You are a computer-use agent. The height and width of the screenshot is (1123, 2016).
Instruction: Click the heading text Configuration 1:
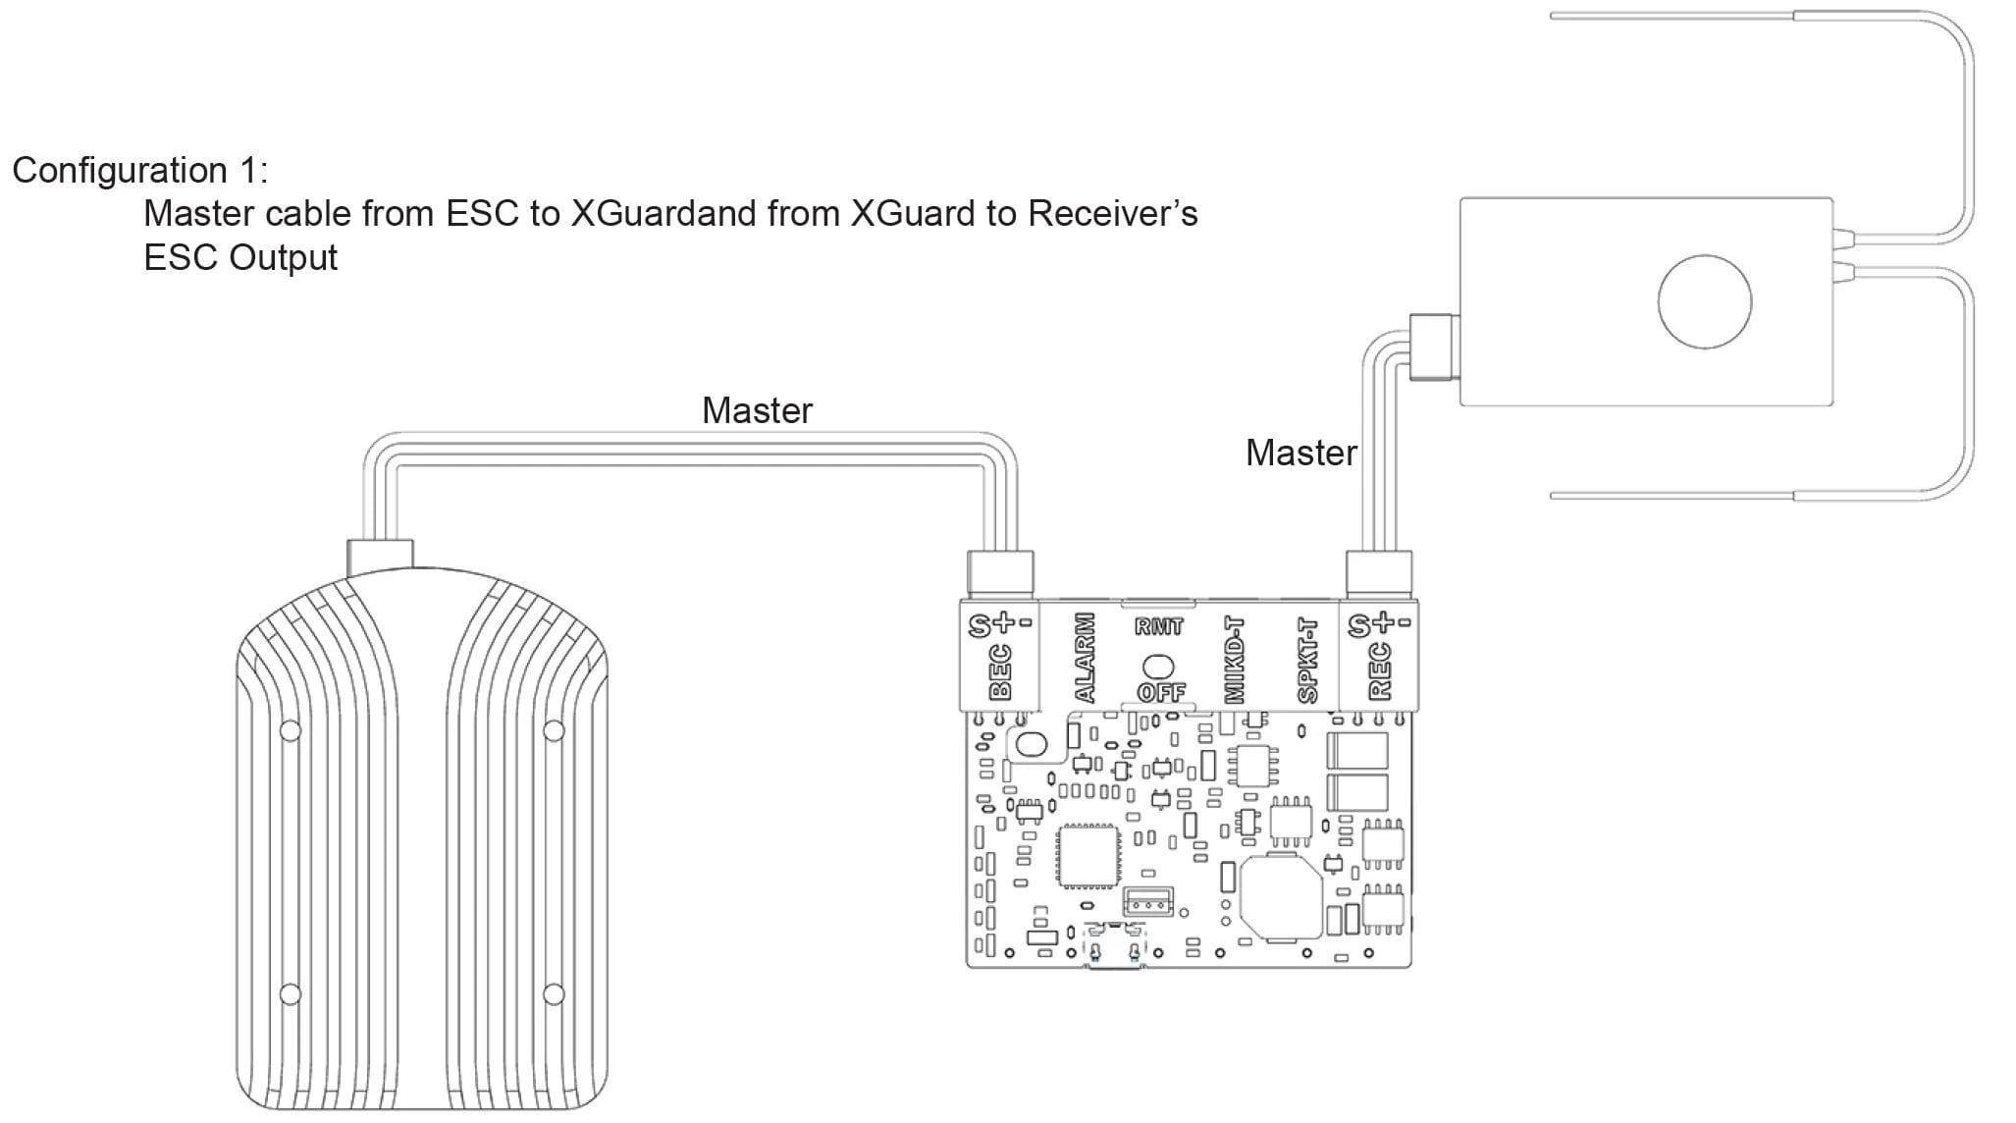[139, 171]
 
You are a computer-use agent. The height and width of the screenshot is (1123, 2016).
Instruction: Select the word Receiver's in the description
[1113, 214]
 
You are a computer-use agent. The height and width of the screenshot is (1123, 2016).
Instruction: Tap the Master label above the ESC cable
[757, 410]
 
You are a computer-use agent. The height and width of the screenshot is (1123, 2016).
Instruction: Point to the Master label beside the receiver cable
[1300, 453]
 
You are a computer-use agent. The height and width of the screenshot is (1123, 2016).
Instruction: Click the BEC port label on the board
[1000, 672]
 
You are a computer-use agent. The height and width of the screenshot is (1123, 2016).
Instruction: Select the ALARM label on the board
[1085, 658]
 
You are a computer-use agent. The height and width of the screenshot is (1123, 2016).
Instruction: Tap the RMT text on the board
[1159, 626]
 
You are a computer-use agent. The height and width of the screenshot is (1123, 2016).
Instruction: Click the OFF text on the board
[1161, 693]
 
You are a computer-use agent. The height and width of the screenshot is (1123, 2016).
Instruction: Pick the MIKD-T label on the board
[1235, 660]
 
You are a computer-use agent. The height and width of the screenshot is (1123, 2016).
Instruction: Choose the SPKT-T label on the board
[1307, 660]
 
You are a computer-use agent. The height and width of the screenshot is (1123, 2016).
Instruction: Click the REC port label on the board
[1380, 671]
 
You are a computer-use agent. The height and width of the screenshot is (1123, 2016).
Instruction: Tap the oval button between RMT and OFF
[1159, 667]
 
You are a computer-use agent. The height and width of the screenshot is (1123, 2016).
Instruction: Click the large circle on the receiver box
[1705, 301]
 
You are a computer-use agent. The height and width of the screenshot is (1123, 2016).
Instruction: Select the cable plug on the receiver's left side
[1432, 347]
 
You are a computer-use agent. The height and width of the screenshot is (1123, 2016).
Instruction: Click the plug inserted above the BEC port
[1000, 573]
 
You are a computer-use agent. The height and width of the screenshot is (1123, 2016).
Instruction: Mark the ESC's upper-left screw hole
[291, 730]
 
